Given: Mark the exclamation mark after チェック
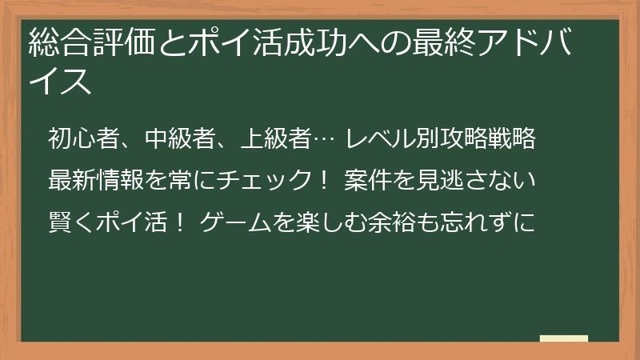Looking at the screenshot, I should point(323,182).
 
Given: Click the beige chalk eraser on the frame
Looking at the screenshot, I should point(564,339).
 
